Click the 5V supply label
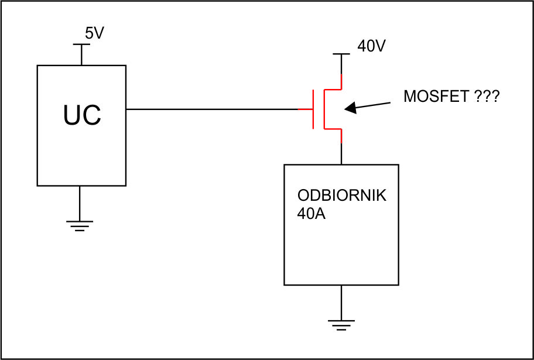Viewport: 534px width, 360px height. coord(94,34)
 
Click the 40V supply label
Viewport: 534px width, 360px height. coord(371,46)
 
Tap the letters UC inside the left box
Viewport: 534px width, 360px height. coord(82,115)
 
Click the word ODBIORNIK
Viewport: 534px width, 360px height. coord(342,196)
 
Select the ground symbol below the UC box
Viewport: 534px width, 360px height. coord(80,226)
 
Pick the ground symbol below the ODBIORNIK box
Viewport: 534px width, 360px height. coord(341,325)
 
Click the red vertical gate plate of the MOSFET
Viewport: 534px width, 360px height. coord(313,109)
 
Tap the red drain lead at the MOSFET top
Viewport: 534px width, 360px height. coord(341,81)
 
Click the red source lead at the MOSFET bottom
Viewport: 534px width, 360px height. coord(341,136)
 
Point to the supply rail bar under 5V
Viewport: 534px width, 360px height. coord(82,44)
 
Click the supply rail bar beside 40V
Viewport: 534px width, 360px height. coord(341,54)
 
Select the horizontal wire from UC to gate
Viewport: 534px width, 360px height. coord(212,109)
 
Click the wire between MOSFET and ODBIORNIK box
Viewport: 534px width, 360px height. coord(341,153)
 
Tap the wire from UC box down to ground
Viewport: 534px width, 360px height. coord(80,203)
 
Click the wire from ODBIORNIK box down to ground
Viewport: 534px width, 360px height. coord(341,303)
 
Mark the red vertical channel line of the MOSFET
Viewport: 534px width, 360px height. coord(324,109)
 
